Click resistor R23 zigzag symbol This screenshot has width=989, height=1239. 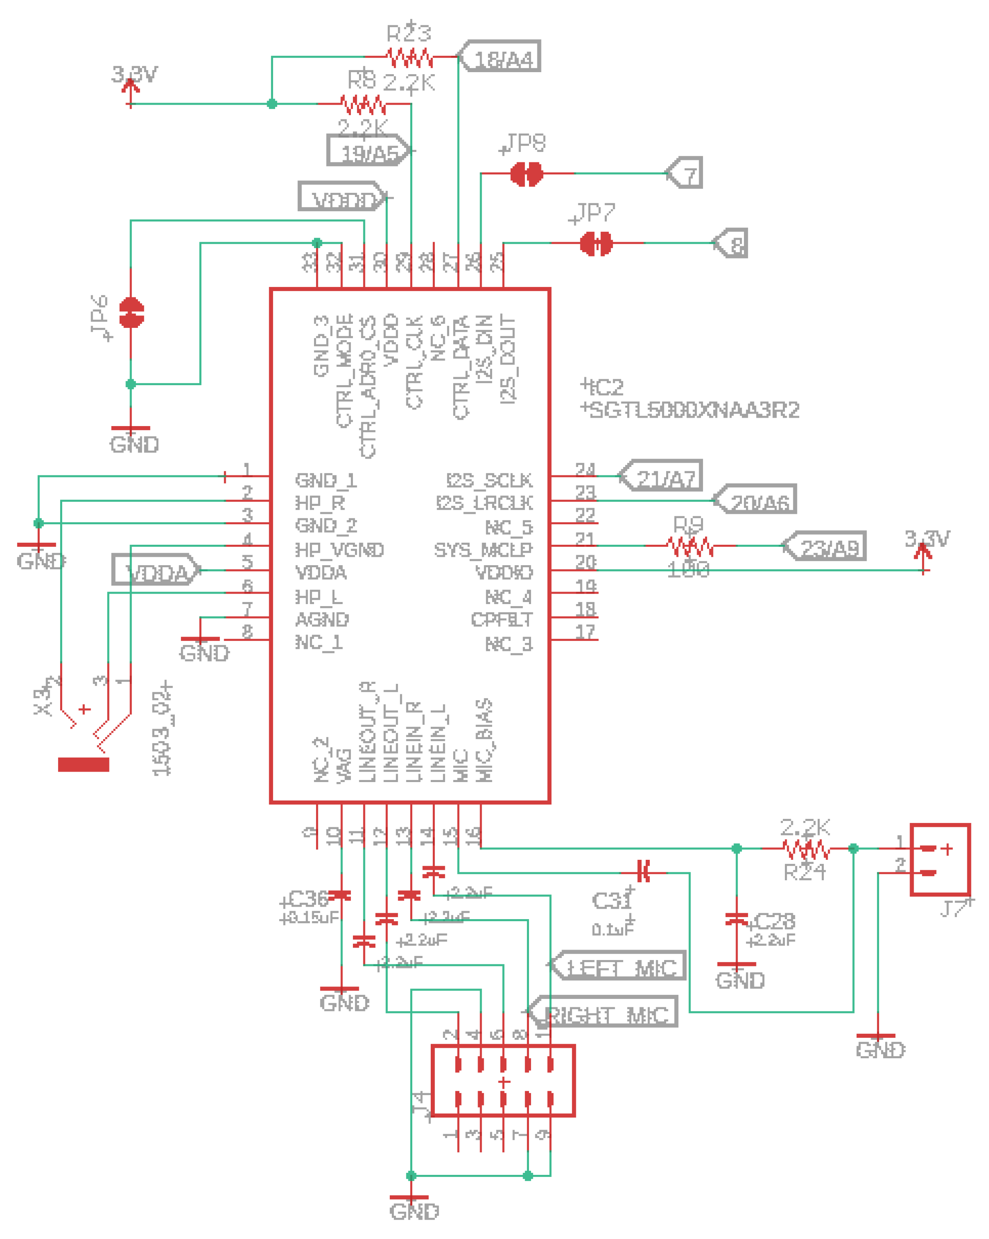tap(410, 57)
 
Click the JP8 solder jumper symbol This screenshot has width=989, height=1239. tap(526, 173)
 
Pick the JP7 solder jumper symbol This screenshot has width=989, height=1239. tap(596, 243)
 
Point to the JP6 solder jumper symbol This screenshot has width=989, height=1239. tap(131, 313)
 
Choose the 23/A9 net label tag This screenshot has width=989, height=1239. tap(826, 546)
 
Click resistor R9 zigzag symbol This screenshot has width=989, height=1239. tap(690, 546)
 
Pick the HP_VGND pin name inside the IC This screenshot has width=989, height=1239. tap(339, 550)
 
